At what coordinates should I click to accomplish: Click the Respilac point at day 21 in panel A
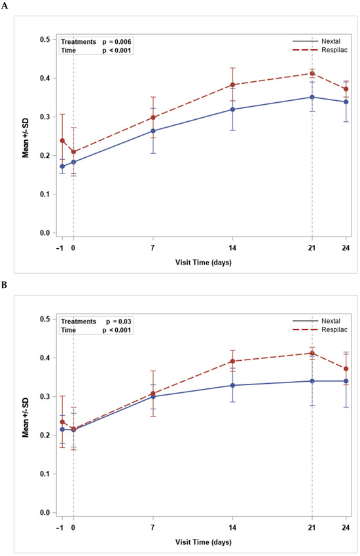[x=312, y=73]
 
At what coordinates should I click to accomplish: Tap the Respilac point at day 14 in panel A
[x=232, y=84]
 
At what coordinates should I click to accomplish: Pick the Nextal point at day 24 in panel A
[x=346, y=102]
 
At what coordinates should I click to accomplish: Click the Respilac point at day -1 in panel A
[x=62, y=140]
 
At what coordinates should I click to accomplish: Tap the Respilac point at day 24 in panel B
[x=346, y=369]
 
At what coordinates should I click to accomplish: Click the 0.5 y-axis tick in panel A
[x=46, y=39]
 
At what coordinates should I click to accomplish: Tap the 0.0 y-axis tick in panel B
[x=46, y=513]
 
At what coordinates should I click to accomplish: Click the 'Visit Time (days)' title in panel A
[x=203, y=263]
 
